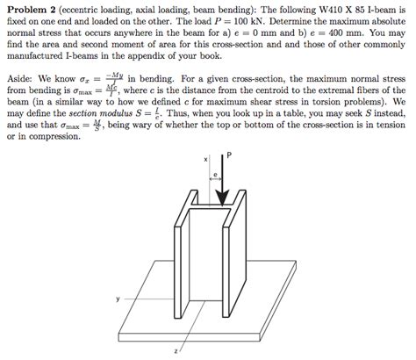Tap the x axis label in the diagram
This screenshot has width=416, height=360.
tap(205, 160)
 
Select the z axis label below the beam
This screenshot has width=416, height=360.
tap(177, 351)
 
